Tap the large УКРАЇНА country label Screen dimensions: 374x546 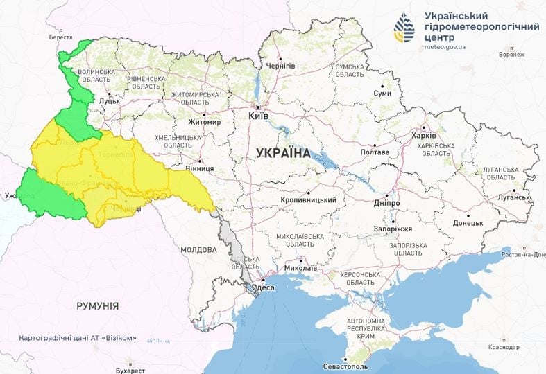pyautogui.click(x=283, y=153)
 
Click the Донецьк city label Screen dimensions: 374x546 pyautogui.click(x=468, y=222)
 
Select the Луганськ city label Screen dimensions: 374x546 pyautogui.click(x=514, y=197)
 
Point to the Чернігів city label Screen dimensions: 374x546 pyautogui.click(x=281, y=66)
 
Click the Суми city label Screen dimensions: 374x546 pyautogui.click(x=382, y=93)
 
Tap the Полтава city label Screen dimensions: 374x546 pyautogui.click(x=375, y=152)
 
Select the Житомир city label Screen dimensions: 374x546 pyautogui.click(x=204, y=123)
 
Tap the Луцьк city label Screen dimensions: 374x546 pyautogui.click(x=110, y=100)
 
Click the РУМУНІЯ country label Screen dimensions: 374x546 pyautogui.click(x=97, y=305)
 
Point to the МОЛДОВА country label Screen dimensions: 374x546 pyautogui.click(x=199, y=249)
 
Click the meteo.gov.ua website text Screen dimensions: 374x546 pyautogui.click(x=444, y=47)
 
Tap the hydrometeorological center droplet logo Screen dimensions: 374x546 pyautogui.click(x=404, y=28)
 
